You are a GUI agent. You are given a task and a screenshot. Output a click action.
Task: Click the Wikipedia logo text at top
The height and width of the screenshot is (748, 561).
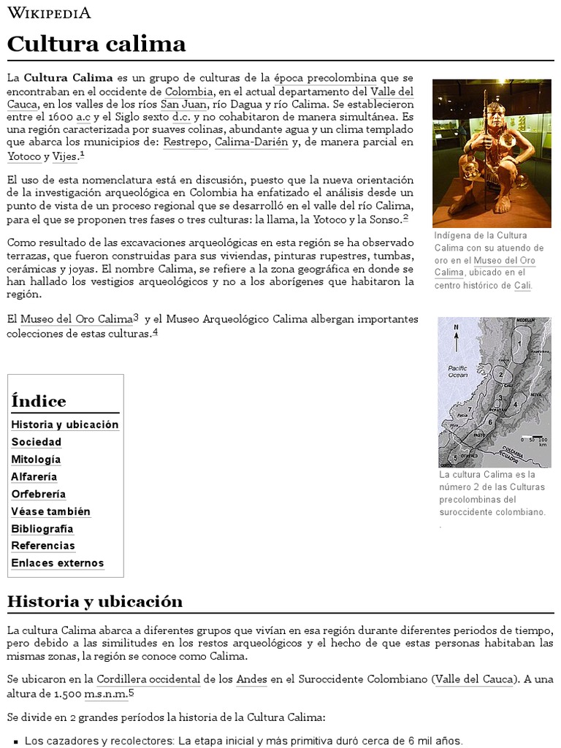pyautogui.click(x=49, y=13)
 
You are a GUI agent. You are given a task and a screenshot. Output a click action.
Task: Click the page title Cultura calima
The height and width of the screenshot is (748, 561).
pyautogui.click(x=96, y=44)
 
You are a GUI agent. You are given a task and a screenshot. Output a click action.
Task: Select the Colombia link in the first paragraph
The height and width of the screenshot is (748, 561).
pyautogui.click(x=188, y=91)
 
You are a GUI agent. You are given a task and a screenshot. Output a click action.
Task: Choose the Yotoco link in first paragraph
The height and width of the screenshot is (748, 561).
pyautogui.click(x=23, y=156)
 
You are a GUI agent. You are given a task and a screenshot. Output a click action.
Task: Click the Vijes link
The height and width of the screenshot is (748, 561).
pyautogui.click(x=65, y=156)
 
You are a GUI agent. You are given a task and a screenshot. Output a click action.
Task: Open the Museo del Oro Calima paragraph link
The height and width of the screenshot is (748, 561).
pyautogui.click(x=76, y=319)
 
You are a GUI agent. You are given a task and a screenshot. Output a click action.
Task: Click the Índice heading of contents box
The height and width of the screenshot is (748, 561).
pyautogui.click(x=39, y=401)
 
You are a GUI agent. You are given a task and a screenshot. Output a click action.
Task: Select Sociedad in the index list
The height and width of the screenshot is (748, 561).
pyautogui.click(x=37, y=442)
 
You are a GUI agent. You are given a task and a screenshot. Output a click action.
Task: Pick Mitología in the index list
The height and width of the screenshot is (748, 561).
pyautogui.click(x=36, y=459)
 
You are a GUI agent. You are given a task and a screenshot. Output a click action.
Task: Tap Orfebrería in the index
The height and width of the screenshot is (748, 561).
pyautogui.click(x=39, y=494)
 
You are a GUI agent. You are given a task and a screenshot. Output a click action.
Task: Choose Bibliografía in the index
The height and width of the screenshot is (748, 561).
pyautogui.click(x=42, y=529)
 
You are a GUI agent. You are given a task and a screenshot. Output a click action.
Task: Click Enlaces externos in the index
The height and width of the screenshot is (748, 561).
pyautogui.click(x=58, y=563)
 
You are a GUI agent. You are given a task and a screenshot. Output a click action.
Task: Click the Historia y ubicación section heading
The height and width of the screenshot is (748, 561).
pyautogui.click(x=95, y=601)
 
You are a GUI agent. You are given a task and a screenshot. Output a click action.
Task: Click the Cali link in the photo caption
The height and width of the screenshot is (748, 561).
pyautogui.click(x=522, y=286)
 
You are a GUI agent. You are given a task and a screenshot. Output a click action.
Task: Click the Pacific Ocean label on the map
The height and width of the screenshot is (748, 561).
pyautogui.click(x=457, y=371)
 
